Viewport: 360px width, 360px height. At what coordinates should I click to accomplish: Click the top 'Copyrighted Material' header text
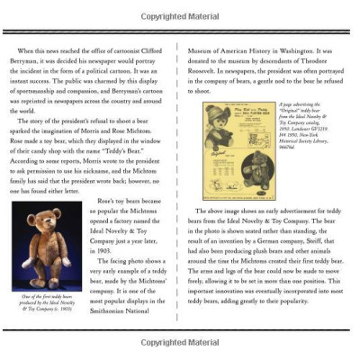point(180,16)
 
